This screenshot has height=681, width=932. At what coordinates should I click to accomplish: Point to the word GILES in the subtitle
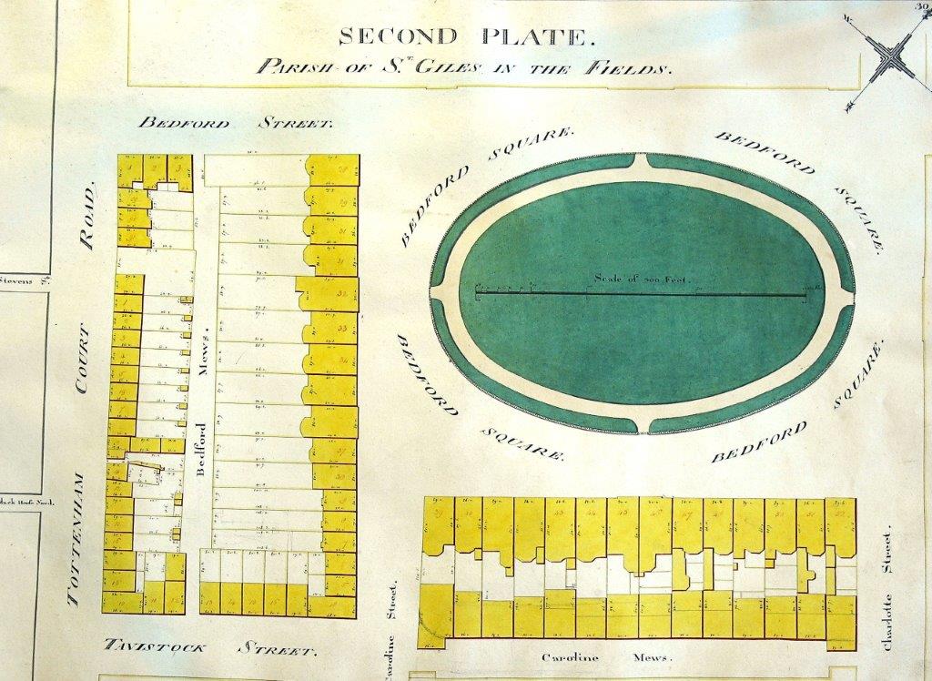coord(443,66)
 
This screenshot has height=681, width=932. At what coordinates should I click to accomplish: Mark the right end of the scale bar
coord(806,292)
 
